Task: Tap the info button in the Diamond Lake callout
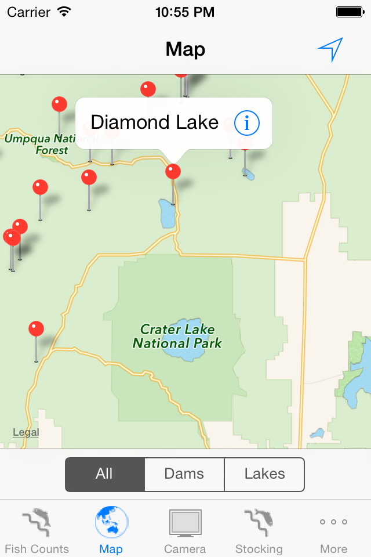tap(247, 123)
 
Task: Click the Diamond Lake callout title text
tap(155, 122)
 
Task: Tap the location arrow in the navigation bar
tap(330, 49)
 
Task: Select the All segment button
tap(104, 474)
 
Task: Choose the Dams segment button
tap(184, 474)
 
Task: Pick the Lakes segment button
tap(264, 474)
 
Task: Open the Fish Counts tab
tap(37, 530)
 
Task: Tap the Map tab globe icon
tap(111, 522)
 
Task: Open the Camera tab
tap(185, 530)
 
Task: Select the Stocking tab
tap(259, 530)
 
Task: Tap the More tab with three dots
tap(334, 530)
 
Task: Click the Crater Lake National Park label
tap(177, 337)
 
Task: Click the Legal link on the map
tap(26, 432)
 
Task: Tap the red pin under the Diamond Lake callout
tap(173, 172)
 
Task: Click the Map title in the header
tap(185, 49)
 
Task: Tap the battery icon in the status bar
tap(350, 12)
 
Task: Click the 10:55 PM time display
tap(185, 12)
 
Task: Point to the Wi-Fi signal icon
tap(64, 12)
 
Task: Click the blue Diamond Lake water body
tap(167, 214)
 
